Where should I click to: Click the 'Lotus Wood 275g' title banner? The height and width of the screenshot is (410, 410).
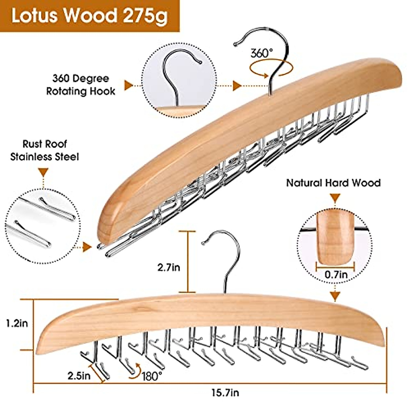[90, 16]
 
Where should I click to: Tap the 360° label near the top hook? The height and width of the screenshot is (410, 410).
[262, 53]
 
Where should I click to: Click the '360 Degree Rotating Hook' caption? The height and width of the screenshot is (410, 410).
[81, 85]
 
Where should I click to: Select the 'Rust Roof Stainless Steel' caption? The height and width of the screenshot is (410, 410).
[44, 150]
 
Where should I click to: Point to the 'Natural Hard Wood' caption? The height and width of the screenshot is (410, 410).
[333, 183]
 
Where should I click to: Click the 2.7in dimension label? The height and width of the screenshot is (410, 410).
[169, 267]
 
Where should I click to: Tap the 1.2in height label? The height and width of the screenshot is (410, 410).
[17, 323]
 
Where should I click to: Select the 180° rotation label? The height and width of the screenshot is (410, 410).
[152, 376]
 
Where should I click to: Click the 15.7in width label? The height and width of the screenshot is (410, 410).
[224, 393]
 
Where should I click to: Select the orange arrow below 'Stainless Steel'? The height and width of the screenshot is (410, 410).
[43, 172]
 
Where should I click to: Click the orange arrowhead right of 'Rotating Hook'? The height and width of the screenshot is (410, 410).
[128, 85]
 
